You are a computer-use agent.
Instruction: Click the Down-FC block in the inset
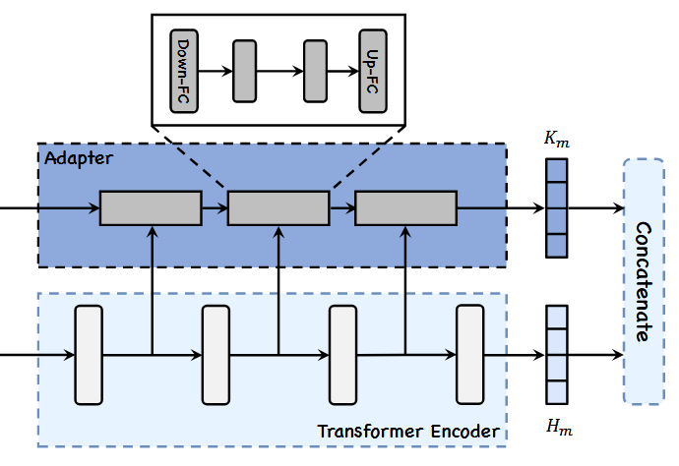click(185, 71)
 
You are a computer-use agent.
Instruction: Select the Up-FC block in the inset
click(373, 71)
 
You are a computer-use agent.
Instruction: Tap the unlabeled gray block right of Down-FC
click(244, 71)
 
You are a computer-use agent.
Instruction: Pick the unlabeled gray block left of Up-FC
click(315, 71)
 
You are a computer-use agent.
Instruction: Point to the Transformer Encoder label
click(407, 432)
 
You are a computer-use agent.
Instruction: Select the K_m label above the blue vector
click(557, 141)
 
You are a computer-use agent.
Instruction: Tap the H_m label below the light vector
click(557, 426)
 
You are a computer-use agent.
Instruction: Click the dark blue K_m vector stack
click(557, 208)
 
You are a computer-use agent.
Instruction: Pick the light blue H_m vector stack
click(557, 355)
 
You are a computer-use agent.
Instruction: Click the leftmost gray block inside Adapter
click(151, 208)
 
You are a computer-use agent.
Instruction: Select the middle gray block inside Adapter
click(278, 208)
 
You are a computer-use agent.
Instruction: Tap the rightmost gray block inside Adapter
click(405, 208)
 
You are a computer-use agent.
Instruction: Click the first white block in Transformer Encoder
click(89, 354)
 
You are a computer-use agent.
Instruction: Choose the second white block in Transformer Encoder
click(216, 354)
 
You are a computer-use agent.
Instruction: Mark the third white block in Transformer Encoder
click(342, 354)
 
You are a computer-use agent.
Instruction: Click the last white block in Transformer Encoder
click(469, 354)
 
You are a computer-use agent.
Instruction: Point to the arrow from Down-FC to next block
click(216, 71)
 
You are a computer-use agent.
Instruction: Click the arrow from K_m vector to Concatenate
click(596, 208)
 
